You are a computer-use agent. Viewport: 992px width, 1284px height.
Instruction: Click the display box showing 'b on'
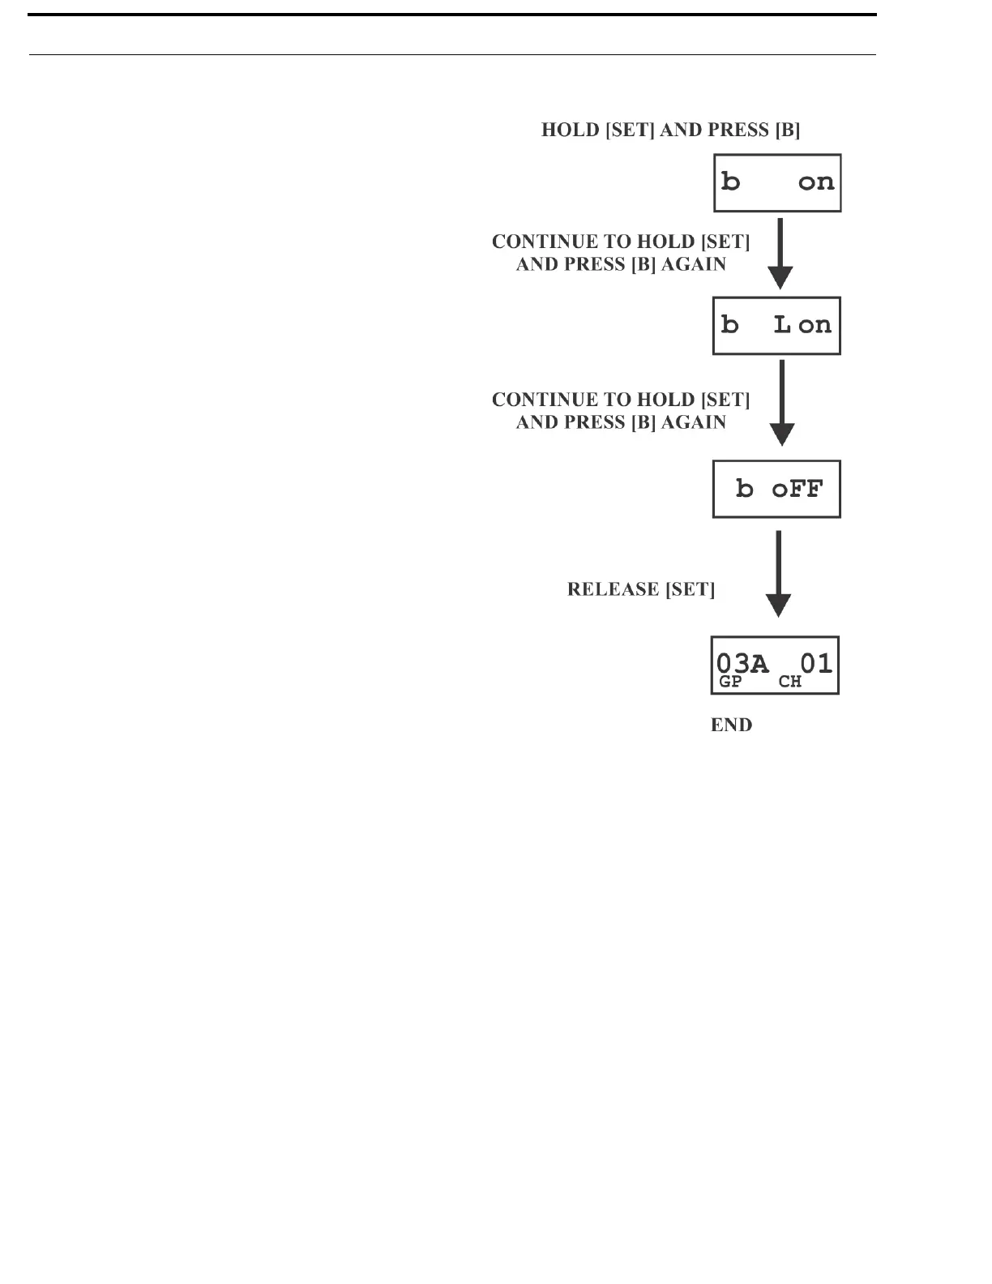(776, 183)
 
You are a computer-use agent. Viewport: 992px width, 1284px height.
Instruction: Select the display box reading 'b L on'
(776, 326)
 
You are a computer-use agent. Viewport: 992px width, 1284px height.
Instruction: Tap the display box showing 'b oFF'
(776, 489)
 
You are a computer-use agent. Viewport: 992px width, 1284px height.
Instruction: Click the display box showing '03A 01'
(775, 666)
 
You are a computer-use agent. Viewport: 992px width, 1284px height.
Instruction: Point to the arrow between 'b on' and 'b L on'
(780, 253)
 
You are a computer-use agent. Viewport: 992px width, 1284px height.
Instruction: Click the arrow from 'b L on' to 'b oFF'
(780, 403)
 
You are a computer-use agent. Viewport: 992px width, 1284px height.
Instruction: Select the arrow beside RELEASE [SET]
(778, 574)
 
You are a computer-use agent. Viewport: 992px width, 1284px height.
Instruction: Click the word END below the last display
(731, 725)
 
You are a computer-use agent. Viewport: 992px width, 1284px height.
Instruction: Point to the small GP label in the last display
(730, 682)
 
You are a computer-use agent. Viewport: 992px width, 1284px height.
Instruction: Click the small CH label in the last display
(790, 682)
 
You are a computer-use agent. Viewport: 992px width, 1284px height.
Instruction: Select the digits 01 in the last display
(816, 664)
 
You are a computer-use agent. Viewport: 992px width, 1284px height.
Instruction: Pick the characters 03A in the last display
(742, 664)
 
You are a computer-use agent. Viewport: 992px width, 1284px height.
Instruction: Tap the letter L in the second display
(782, 325)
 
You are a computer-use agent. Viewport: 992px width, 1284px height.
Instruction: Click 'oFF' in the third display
(797, 489)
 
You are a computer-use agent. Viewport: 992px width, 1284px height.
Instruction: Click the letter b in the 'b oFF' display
(744, 489)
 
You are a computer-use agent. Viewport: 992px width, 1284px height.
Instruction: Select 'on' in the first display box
(815, 182)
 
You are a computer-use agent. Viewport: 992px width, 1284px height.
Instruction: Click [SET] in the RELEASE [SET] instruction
(690, 589)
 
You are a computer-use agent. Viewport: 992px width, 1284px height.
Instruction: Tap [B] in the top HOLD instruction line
(787, 131)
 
